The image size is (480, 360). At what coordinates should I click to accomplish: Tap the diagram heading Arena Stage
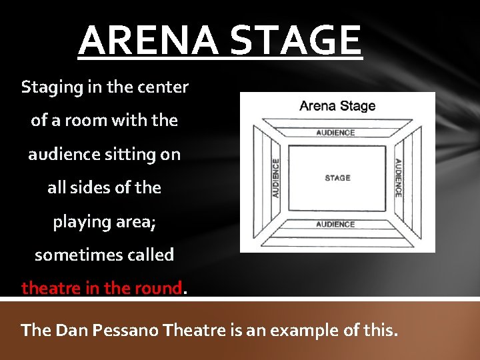(x=337, y=105)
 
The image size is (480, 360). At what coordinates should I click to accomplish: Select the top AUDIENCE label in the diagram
(x=335, y=133)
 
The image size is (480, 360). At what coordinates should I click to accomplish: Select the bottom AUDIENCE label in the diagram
(x=335, y=225)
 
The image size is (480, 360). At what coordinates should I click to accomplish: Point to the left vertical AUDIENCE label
(x=275, y=177)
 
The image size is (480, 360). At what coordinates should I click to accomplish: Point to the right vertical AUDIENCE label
(x=398, y=177)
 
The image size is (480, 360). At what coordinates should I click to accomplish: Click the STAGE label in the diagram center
(x=337, y=178)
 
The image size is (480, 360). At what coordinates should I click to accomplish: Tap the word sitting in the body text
(x=132, y=154)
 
